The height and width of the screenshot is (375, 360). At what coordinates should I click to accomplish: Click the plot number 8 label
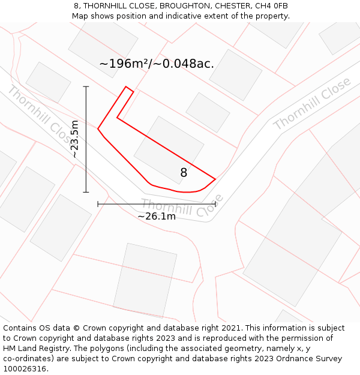pos(184,173)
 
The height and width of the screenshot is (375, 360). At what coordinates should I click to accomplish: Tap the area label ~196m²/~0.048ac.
pos(157,64)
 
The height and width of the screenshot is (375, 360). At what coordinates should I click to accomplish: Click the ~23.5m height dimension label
pos(74,139)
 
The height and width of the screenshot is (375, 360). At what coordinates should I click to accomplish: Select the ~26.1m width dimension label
pos(157,216)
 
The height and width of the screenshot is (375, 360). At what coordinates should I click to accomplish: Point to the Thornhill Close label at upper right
pos(312,103)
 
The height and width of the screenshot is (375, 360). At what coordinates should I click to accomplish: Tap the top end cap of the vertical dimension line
pos(86,87)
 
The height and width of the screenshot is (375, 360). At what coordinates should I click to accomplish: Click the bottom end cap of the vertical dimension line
pos(86,192)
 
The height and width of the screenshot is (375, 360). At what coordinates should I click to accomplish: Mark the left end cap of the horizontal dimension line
pos(98,204)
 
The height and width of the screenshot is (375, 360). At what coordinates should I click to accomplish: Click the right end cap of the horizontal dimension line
pos(215,204)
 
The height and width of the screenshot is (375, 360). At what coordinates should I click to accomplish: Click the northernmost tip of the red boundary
pos(126,87)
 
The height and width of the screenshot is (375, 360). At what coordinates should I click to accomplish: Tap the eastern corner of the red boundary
pos(215,179)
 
